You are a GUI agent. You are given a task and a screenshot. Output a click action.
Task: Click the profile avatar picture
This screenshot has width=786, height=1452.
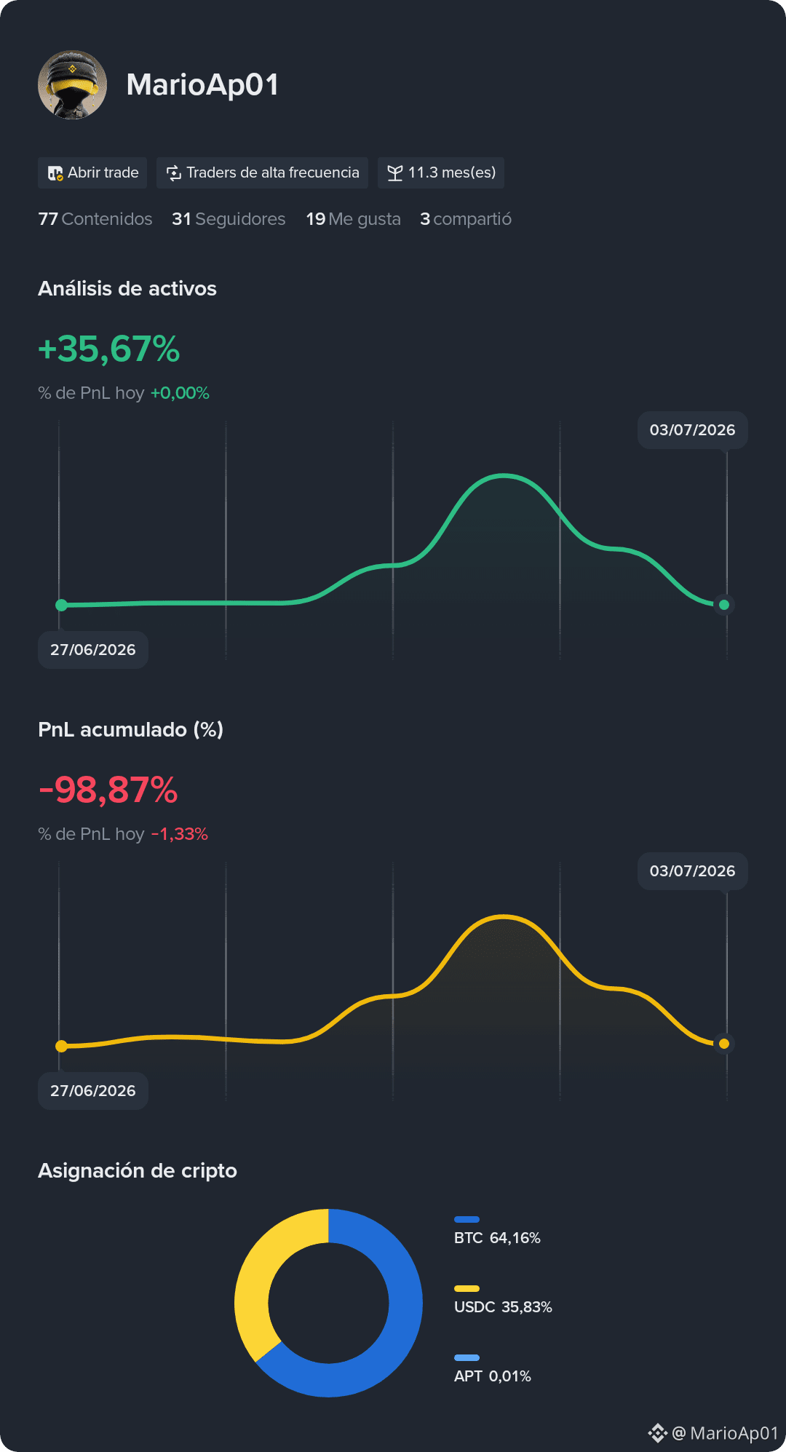pos(72,84)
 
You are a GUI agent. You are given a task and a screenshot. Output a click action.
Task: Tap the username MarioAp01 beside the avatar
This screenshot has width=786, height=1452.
pos(202,85)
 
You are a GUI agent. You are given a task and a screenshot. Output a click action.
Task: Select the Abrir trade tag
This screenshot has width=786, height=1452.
pos(92,172)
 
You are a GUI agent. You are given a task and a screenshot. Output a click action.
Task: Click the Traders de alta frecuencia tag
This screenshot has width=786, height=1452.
pos(262,172)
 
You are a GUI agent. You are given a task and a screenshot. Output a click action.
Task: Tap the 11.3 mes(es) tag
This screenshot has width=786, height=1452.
pos(441,172)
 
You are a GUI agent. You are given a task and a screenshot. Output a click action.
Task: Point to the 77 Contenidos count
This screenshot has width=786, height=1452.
pos(95,219)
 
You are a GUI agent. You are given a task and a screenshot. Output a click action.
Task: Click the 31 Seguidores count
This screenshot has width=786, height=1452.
pos(229,219)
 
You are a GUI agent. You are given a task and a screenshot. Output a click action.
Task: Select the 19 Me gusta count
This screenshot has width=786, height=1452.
pos(353,219)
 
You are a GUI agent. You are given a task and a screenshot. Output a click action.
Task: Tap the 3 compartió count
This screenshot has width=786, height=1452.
pos(466,219)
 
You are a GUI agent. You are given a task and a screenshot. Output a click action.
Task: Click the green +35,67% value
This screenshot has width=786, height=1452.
pos(109,349)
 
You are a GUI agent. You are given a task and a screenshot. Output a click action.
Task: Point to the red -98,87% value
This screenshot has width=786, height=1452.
pos(108,790)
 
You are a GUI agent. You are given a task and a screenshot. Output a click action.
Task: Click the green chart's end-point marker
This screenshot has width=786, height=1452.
pos(724,605)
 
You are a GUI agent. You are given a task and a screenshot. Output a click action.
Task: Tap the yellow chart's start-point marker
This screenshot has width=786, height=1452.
pos(62,1046)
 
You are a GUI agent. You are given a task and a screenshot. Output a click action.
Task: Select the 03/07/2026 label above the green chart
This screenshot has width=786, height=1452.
pos(693,430)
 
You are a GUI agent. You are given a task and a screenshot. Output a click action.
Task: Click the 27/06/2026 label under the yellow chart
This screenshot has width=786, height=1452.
pos(93,1091)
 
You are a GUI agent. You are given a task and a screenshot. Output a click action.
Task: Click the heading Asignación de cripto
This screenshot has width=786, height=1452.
pos(138,1170)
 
